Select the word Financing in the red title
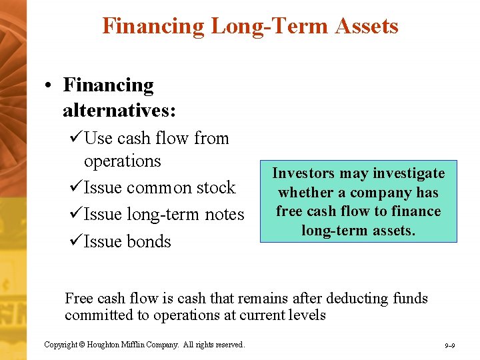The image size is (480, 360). pyautogui.click(x=153, y=26)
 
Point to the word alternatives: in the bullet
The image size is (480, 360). pyautogui.click(x=119, y=109)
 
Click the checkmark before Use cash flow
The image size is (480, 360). pyautogui.click(x=75, y=138)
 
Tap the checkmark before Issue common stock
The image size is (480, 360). pyautogui.click(x=75, y=187)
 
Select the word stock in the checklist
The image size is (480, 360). pyautogui.click(x=215, y=187)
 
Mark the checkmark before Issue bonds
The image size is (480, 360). pyautogui.click(x=75, y=241)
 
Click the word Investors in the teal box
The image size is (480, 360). pyautogui.click(x=301, y=173)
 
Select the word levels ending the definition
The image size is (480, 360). pyautogui.click(x=305, y=315)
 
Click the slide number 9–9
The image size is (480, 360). pyautogui.click(x=449, y=345)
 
